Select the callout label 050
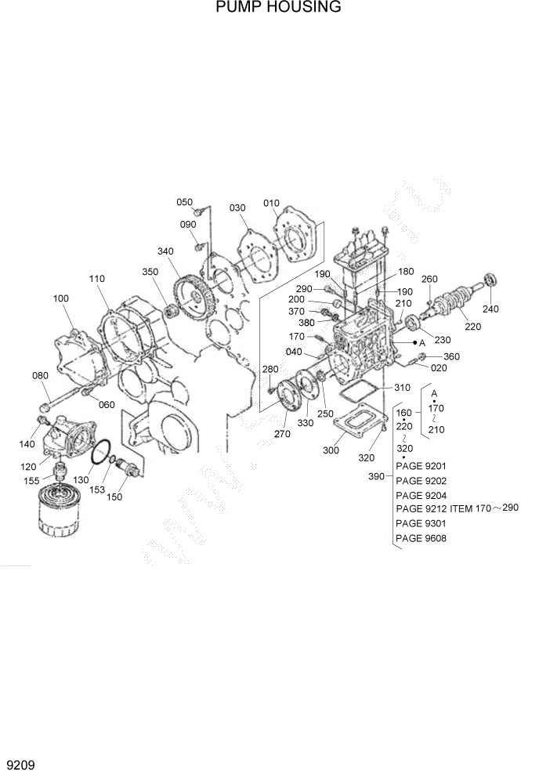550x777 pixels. pyautogui.click(x=184, y=202)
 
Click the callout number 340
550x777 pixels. pyautogui.click(x=165, y=251)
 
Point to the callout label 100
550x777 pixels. pyautogui.click(x=61, y=298)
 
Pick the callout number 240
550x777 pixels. pyautogui.click(x=490, y=309)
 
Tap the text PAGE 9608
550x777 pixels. pyautogui.click(x=421, y=538)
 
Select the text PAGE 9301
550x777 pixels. pyautogui.click(x=421, y=524)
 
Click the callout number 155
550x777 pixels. pyautogui.click(x=32, y=482)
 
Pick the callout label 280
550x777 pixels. pyautogui.click(x=270, y=369)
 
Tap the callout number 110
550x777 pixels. pyautogui.click(x=97, y=279)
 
